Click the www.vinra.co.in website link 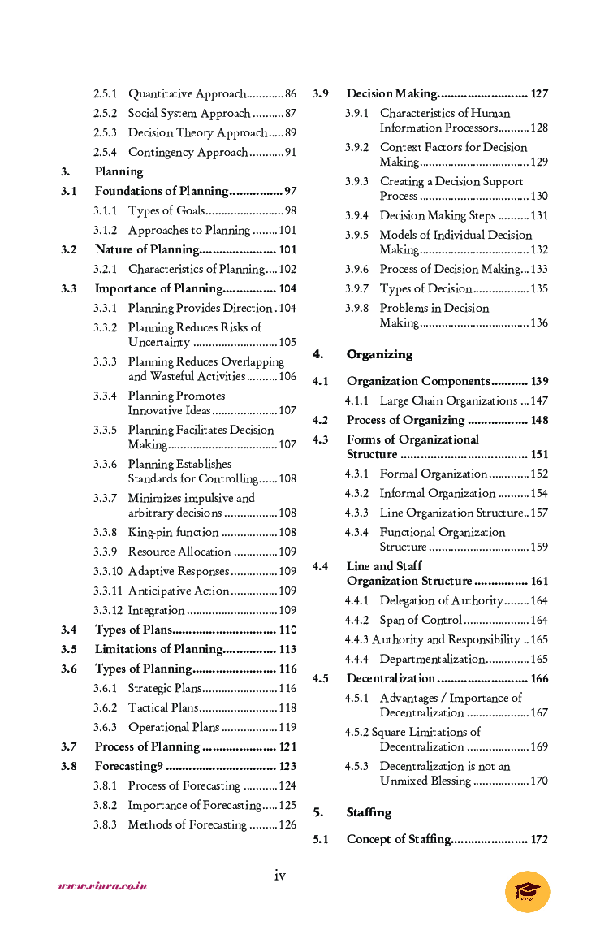pyautogui.click(x=102, y=886)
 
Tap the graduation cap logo pyautogui.click(x=527, y=892)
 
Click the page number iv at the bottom pyautogui.click(x=279, y=875)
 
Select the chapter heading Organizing pyautogui.click(x=379, y=354)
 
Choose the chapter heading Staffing pyautogui.click(x=369, y=812)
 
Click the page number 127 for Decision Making pyautogui.click(x=539, y=93)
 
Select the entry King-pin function pyautogui.click(x=173, y=532)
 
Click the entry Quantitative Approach pyautogui.click(x=187, y=93)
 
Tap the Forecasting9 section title pyautogui.click(x=129, y=766)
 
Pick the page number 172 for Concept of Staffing pyautogui.click(x=539, y=839)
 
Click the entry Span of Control pyautogui.click(x=421, y=620)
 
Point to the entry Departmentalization pyautogui.click(x=432, y=659)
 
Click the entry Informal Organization pyautogui.click(x=437, y=493)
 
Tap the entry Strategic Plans pyautogui.click(x=165, y=688)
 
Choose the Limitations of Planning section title pyautogui.click(x=158, y=649)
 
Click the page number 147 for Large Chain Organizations pyautogui.click(x=539, y=400)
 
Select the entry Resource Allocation pyautogui.click(x=179, y=552)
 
